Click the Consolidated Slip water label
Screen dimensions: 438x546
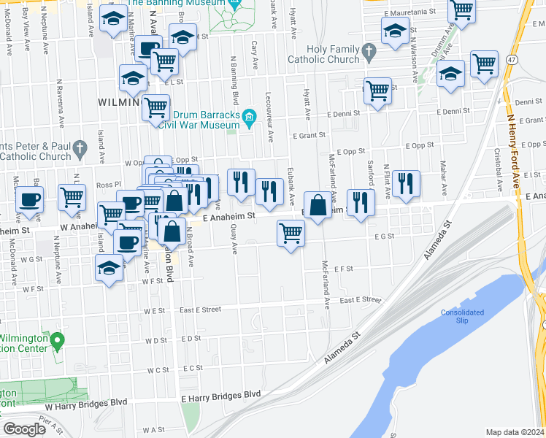462,316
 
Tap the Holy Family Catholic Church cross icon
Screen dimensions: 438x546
369,51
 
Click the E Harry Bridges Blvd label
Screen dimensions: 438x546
221,395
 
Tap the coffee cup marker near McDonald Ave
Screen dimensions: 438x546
29,199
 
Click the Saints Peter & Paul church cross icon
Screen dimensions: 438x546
79,150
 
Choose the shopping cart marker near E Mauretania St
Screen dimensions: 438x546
461,11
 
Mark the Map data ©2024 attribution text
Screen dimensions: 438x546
515,432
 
